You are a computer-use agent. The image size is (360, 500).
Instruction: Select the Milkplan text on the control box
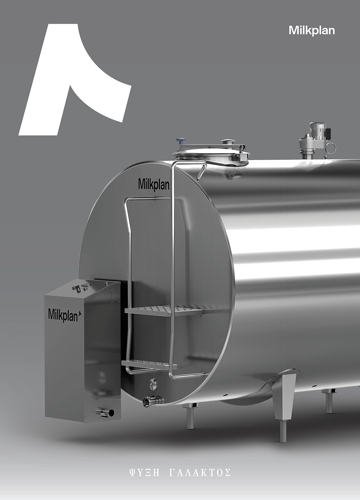(x=63, y=315)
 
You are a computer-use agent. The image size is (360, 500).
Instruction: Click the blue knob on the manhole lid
(x=181, y=140)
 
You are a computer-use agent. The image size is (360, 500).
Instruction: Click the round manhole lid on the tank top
(x=211, y=154)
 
